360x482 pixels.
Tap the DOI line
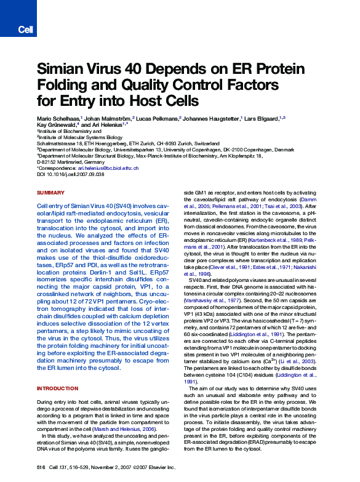[x=71, y=174]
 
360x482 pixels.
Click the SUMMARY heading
[x=50, y=193]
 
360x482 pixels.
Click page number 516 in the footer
[x=41, y=468]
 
